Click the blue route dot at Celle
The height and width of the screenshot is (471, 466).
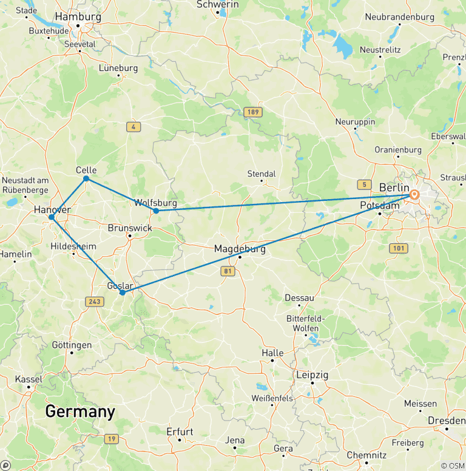(x=86, y=178)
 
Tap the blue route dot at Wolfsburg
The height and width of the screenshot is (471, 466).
(x=156, y=211)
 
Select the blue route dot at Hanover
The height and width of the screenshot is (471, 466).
(x=52, y=217)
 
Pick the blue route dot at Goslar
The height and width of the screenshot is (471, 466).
(x=123, y=293)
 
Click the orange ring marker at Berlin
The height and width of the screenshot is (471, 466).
(x=414, y=195)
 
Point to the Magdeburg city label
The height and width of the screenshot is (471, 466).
(x=240, y=249)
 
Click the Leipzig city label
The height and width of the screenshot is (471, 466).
(x=312, y=375)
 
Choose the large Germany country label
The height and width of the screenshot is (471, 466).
(x=80, y=412)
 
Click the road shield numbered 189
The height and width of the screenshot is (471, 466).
(x=252, y=112)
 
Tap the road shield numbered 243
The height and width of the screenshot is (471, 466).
(x=95, y=301)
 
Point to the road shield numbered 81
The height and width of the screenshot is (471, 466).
(x=228, y=271)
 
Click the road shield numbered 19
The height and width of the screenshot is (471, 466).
(x=111, y=439)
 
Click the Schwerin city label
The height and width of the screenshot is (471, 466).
(x=217, y=4)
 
